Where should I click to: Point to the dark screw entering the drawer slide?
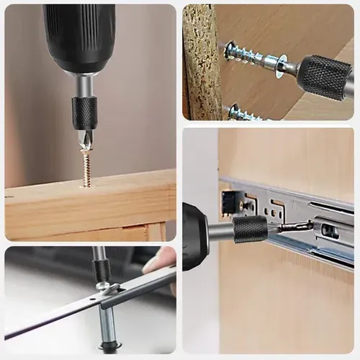[x=295, y=227]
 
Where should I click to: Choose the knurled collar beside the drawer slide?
[x=251, y=230]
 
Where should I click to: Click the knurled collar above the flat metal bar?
[x=102, y=270]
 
